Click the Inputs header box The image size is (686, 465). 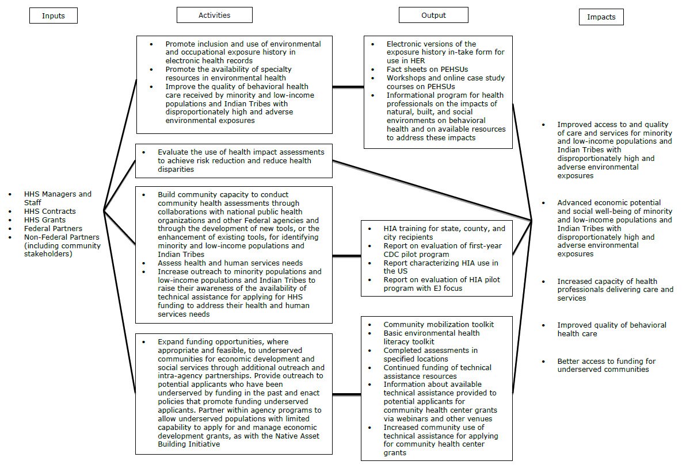coord(53,16)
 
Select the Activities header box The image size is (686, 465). coord(214,15)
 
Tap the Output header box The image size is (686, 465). coord(433,15)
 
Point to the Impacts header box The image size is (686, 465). coord(601,17)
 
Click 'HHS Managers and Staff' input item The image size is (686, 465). coord(58,198)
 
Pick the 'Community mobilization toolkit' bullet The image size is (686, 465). coord(439,325)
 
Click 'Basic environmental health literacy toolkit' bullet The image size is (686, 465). coord(431,337)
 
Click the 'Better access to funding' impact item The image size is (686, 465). coord(605,365)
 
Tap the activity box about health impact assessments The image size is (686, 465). coord(234,160)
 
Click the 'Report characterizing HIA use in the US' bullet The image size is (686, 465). coord(440,267)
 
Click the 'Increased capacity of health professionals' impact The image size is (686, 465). coord(615,290)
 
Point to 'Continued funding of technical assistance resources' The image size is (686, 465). coord(437,372)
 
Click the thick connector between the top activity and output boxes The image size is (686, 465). coord(348,87)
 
